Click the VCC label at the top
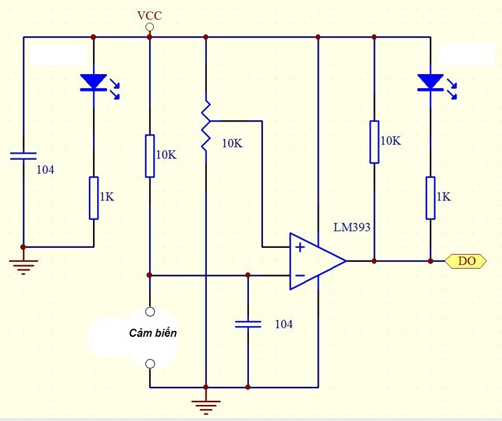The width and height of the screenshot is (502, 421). [149, 15]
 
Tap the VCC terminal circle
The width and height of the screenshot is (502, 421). [149, 27]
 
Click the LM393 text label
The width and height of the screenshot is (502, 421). [352, 227]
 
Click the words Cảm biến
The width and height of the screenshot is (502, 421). [153, 333]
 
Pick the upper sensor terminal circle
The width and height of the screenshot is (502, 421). [150, 311]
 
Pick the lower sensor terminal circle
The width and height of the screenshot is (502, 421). [150, 364]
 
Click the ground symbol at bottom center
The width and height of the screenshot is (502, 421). [205, 405]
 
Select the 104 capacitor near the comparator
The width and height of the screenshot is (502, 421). [248, 324]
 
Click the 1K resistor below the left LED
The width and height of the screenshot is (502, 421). [94, 198]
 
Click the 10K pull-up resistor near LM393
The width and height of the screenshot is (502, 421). [374, 142]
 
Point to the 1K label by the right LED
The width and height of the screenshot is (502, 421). [443, 197]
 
